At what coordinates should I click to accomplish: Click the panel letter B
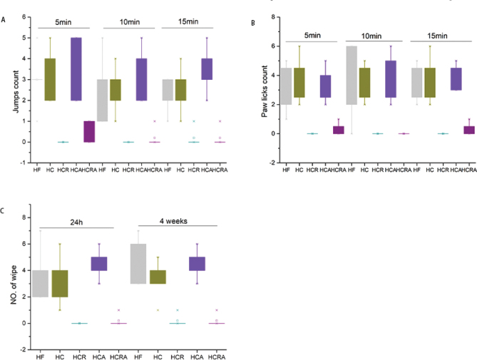pos(253,22)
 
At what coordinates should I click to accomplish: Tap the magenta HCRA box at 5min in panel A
pos(89,131)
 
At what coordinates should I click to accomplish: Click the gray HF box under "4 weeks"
pos(138,264)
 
